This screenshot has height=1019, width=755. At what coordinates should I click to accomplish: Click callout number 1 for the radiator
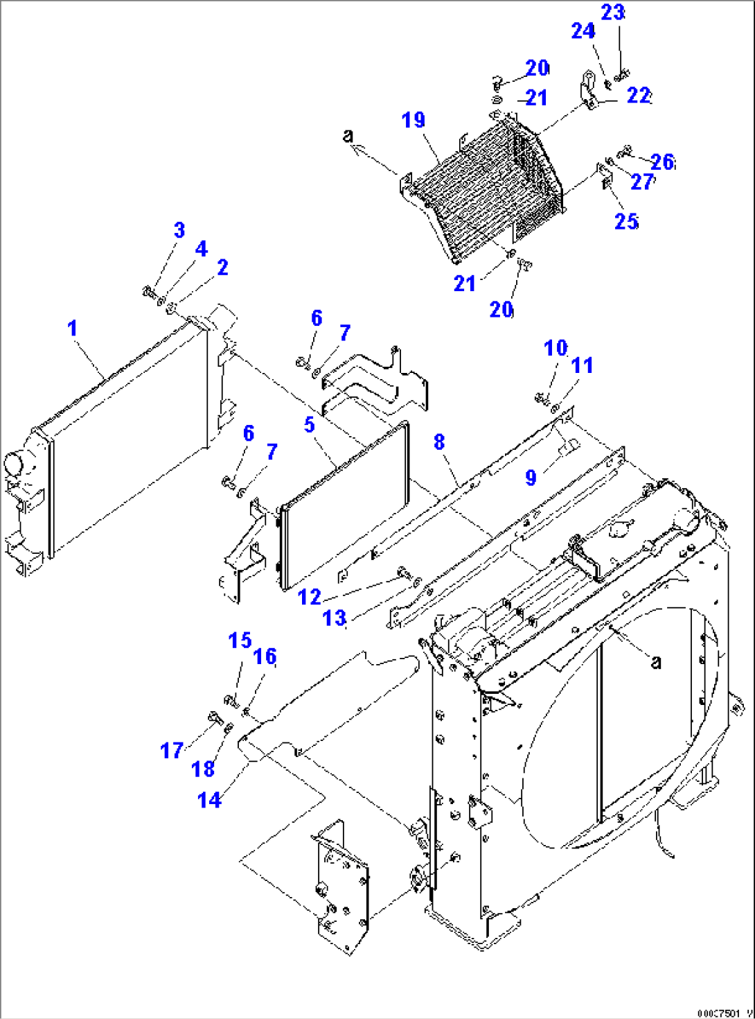tap(73, 328)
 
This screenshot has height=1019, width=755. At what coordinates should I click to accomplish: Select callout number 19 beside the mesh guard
tap(413, 120)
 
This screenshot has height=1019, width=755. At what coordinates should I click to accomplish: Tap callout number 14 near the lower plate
tap(208, 799)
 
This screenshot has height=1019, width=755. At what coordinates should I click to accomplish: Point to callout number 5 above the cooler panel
tap(310, 424)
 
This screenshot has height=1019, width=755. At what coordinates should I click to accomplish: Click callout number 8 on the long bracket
tap(439, 442)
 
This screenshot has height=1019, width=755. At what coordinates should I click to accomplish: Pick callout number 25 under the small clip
tap(626, 221)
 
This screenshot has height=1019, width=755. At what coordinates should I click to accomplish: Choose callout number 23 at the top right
tap(612, 12)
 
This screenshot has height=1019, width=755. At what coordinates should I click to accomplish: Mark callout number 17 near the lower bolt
tap(172, 750)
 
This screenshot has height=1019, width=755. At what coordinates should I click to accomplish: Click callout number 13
tap(335, 618)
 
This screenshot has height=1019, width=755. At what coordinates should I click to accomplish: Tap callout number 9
tap(531, 477)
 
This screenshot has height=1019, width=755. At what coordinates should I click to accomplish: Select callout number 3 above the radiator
tap(179, 230)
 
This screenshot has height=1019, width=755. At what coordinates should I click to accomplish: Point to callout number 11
tap(582, 365)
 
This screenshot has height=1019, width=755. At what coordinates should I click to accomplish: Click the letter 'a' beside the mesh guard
tap(348, 136)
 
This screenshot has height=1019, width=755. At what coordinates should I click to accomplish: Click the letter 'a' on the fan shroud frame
tap(655, 662)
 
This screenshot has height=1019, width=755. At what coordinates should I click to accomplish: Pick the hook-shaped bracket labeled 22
tap(587, 90)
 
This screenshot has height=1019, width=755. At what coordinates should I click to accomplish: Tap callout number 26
tap(662, 162)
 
